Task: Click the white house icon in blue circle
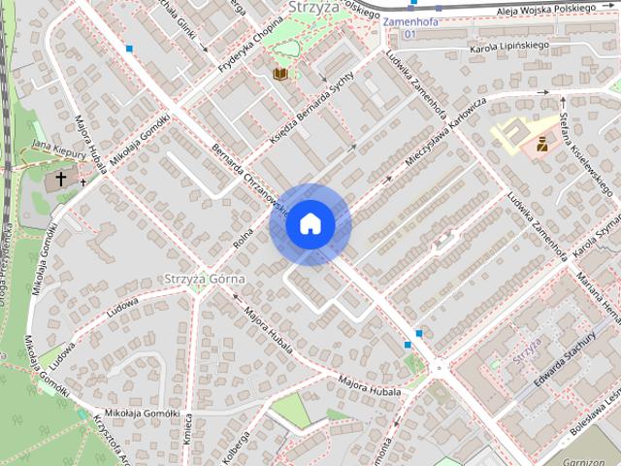point(310,224)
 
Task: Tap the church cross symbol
point(61,180)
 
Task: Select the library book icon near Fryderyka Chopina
point(280,73)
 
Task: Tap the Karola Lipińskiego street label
point(509,45)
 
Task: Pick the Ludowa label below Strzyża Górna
point(123,304)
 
